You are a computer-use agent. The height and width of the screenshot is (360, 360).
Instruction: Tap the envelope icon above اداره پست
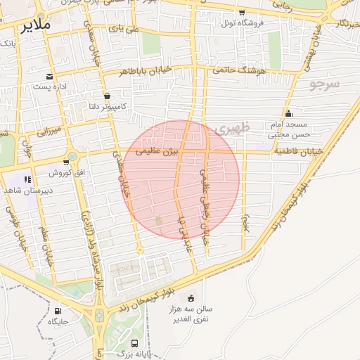(x=49, y=76)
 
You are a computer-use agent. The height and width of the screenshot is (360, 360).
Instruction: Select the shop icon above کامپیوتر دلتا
(x=107, y=96)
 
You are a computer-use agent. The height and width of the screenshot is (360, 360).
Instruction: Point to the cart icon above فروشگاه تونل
(x=242, y=13)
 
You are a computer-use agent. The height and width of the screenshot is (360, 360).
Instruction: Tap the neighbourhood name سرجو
(x=325, y=84)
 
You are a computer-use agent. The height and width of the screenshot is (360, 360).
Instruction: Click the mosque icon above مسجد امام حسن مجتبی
(x=288, y=113)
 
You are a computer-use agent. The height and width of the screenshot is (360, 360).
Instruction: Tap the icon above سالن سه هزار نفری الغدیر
(x=191, y=298)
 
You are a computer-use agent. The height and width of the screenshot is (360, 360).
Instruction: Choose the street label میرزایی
(x=50, y=130)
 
